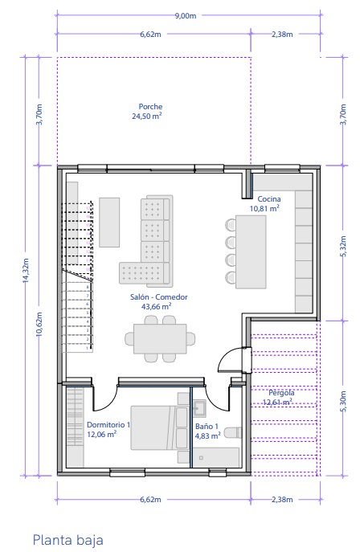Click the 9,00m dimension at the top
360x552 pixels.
pos(186,16)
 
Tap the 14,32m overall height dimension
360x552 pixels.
pos(26,270)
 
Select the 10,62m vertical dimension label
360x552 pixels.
pos(39,325)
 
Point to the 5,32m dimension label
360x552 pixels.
pos(343,246)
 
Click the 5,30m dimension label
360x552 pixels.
pos(343,401)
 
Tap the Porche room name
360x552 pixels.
pos(150,106)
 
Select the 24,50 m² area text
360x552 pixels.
pos(147,116)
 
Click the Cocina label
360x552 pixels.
pos(269,199)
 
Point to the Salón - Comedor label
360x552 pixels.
pos(159,296)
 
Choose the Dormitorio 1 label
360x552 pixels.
pos(108,425)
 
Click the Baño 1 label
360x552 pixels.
pos(207,427)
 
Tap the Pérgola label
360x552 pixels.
pos(281,393)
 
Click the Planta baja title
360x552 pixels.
pos(68,540)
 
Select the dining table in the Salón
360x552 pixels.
pos(160,338)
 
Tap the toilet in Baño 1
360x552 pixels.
pos(233,432)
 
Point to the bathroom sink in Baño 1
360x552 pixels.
pos(200,408)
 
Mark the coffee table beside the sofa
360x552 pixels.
pos(109,222)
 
